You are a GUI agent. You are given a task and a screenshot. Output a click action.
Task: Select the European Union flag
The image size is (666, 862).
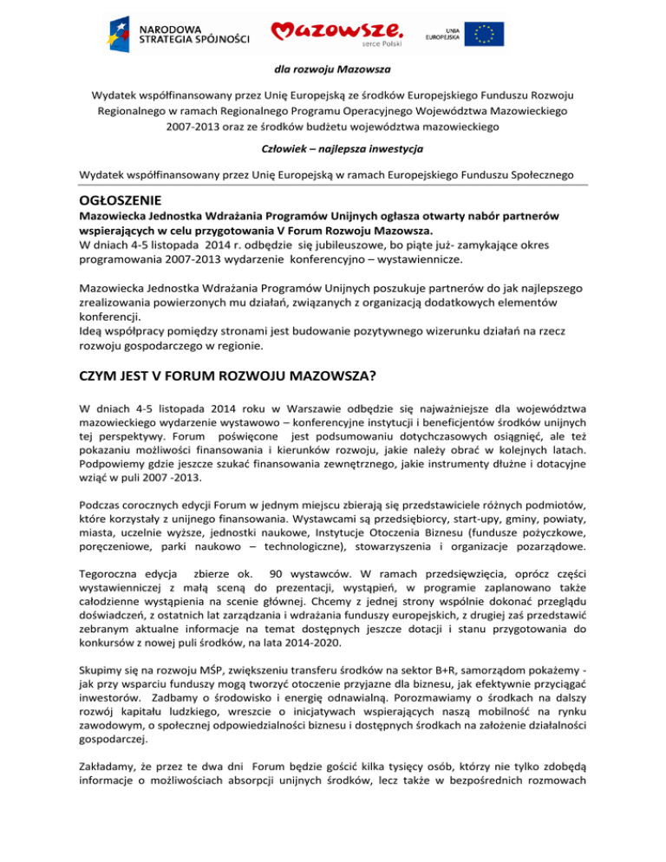(484, 34)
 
